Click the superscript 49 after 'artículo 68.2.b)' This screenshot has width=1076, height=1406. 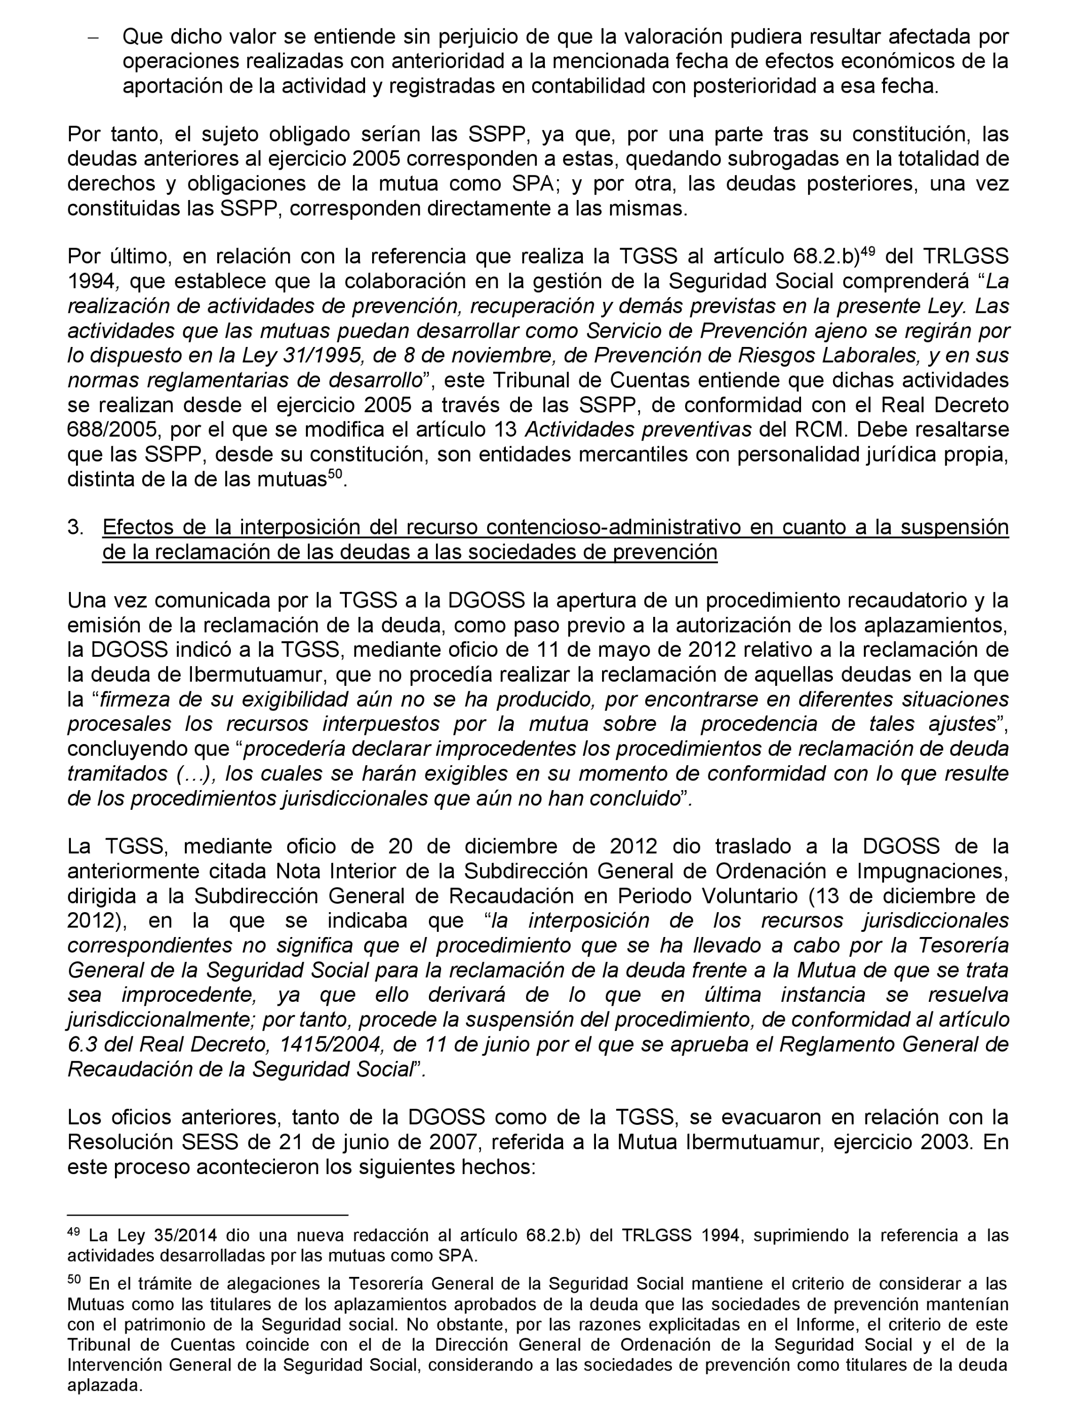pyautogui.click(x=867, y=250)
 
